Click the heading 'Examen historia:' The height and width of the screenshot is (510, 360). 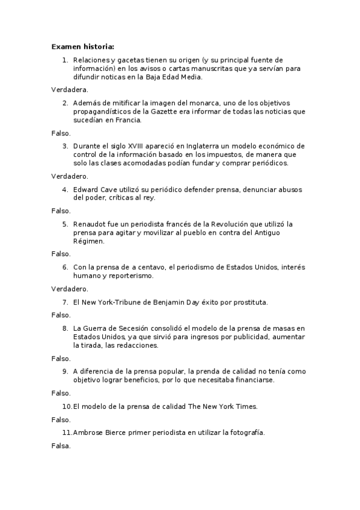tap(82, 46)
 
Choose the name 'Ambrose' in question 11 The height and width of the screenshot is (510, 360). tap(90, 432)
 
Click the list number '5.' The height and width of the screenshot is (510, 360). tap(65, 224)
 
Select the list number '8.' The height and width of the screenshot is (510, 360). tap(65, 328)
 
